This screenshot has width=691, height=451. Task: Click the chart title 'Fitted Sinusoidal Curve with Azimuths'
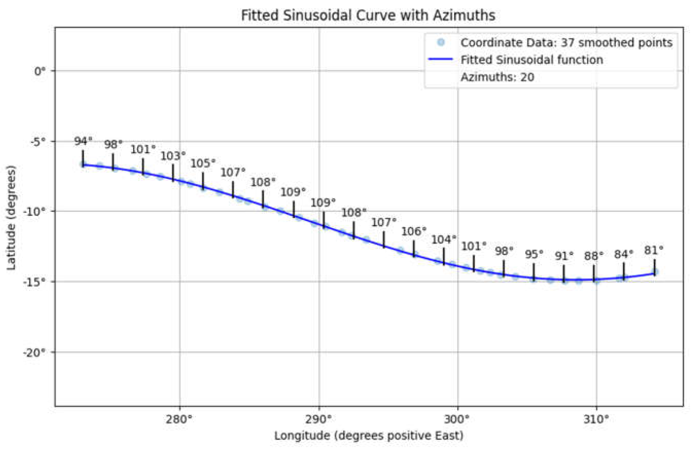tap(368, 15)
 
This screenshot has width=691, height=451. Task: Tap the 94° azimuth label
tap(83, 141)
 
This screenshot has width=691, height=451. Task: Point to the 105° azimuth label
tap(203, 163)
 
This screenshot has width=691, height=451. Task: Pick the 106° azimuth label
tap(414, 232)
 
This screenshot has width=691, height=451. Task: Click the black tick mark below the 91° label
tap(564, 274)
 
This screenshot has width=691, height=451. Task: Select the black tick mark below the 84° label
tap(624, 271)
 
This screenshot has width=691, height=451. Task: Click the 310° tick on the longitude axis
tap(596, 420)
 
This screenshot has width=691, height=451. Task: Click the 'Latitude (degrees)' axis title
tap(11, 218)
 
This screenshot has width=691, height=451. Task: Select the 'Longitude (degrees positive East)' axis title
tap(368, 436)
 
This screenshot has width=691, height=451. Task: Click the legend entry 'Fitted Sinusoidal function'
tap(532, 60)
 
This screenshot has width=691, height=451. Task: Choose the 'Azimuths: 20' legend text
tap(497, 77)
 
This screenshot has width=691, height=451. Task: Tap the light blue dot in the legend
tap(441, 43)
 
